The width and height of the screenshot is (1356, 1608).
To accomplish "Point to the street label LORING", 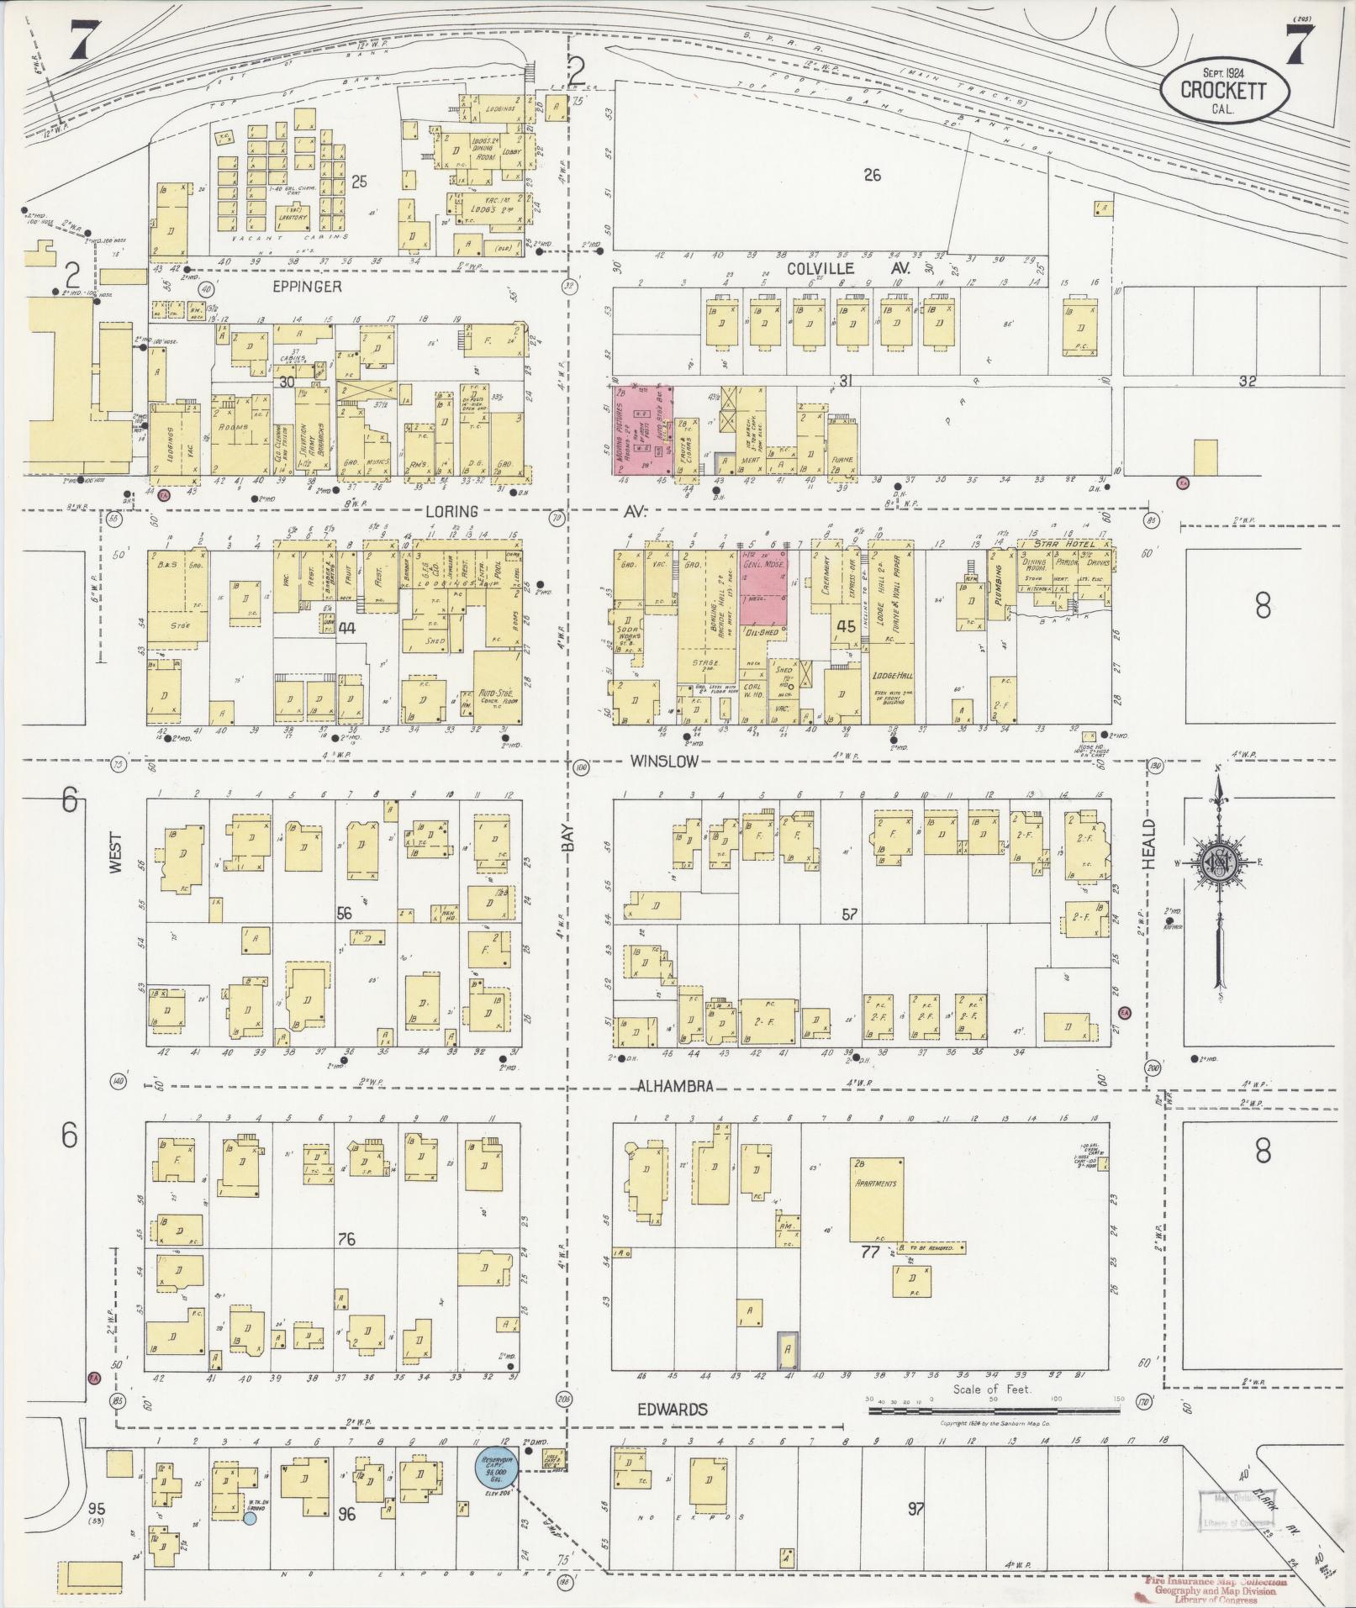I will tap(451, 511).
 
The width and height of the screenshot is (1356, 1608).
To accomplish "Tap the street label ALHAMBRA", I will tap(674, 1086).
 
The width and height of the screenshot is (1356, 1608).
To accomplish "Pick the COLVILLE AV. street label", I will tap(832, 269).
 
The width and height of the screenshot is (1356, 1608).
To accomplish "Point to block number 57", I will tap(849, 914).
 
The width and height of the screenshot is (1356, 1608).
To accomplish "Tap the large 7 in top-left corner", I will tap(81, 38).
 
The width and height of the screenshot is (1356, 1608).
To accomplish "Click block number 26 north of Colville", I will tap(872, 175).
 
